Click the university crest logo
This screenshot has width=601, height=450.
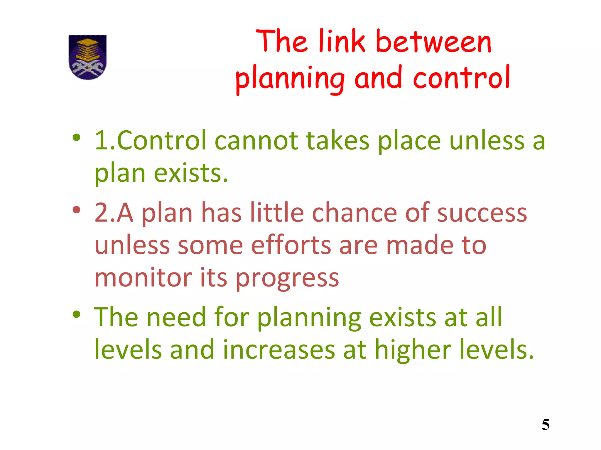tap(87, 57)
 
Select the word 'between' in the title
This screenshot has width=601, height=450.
tap(433, 42)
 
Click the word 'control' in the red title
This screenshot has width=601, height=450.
tap(462, 78)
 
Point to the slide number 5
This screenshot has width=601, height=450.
tap(546, 425)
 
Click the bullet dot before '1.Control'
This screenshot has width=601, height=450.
tap(77, 138)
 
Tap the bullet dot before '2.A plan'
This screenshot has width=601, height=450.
tap(77, 210)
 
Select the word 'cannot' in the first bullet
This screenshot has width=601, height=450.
tap(256, 141)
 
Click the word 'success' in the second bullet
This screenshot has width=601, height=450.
tap(482, 213)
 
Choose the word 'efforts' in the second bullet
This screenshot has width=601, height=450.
tap(291, 245)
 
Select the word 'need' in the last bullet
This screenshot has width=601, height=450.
tap(176, 317)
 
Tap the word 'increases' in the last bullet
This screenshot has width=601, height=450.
tap(279, 350)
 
